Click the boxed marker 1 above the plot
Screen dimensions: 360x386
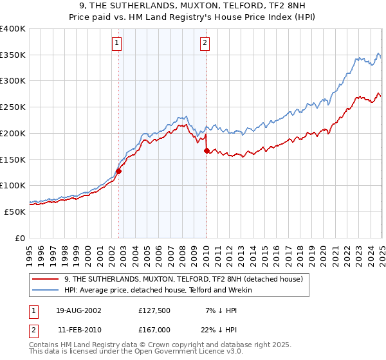[x=117, y=43]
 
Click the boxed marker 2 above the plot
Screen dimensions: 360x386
[x=205, y=43]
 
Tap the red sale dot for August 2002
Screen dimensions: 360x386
[x=119, y=172]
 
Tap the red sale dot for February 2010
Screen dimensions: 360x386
[x=207, y=151]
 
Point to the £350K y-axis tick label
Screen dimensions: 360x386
[x=12, y=55]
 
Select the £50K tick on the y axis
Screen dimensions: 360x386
[x=15, y=212]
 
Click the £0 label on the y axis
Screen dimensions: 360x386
[x=20, y=238]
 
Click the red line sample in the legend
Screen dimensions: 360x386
[x=45, y=279]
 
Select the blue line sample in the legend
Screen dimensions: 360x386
[x=45, y=290]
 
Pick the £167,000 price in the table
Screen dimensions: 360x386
[x=154, y=329]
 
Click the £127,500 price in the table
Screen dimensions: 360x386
[x=154, y=310]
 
